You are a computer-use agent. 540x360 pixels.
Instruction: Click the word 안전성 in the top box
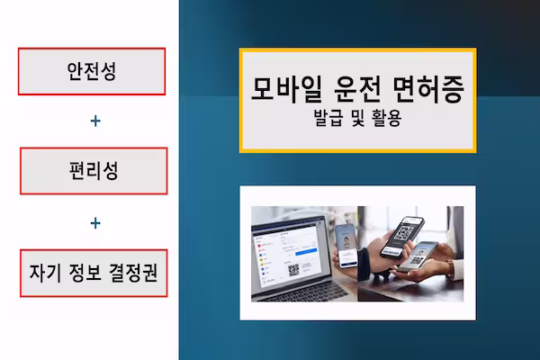[x=93, y=71]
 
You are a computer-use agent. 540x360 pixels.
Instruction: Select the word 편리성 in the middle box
[x=93, y=170]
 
